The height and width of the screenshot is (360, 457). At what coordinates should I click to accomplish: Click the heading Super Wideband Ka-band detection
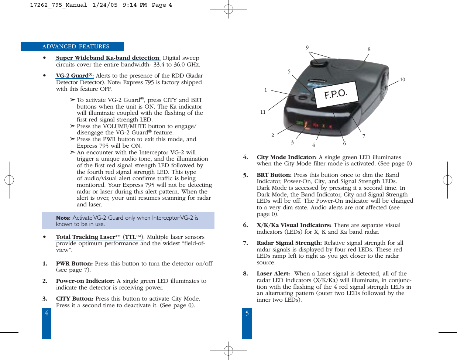point(107,58)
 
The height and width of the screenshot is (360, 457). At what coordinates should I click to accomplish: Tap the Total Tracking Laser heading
point(86,237)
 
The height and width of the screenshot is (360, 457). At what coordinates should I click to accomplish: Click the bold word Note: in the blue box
point(63,218)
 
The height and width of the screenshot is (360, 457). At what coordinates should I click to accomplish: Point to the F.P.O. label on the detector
point(336,94)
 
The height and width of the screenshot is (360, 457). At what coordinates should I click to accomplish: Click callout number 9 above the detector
point(307,48)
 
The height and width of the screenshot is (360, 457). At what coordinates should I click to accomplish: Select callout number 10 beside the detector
point(402,79)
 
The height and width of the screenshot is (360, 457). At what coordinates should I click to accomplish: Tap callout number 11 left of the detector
point(263,112)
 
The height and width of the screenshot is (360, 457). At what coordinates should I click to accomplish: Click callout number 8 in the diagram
point(369,49)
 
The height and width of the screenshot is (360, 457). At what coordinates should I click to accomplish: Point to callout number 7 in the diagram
point(364,136)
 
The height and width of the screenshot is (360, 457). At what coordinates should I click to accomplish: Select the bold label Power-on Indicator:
point(85,281)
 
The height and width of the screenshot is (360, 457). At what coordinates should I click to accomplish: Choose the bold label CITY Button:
point(75,299)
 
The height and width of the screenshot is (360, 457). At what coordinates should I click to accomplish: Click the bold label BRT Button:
point(274,175)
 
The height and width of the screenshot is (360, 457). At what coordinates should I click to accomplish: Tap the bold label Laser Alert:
point(273,274)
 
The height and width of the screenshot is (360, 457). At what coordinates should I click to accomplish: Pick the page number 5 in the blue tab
point(247,313)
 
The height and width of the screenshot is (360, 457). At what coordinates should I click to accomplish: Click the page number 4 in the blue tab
point(46,313)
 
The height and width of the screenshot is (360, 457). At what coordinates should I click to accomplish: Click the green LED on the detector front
point(300,123)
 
